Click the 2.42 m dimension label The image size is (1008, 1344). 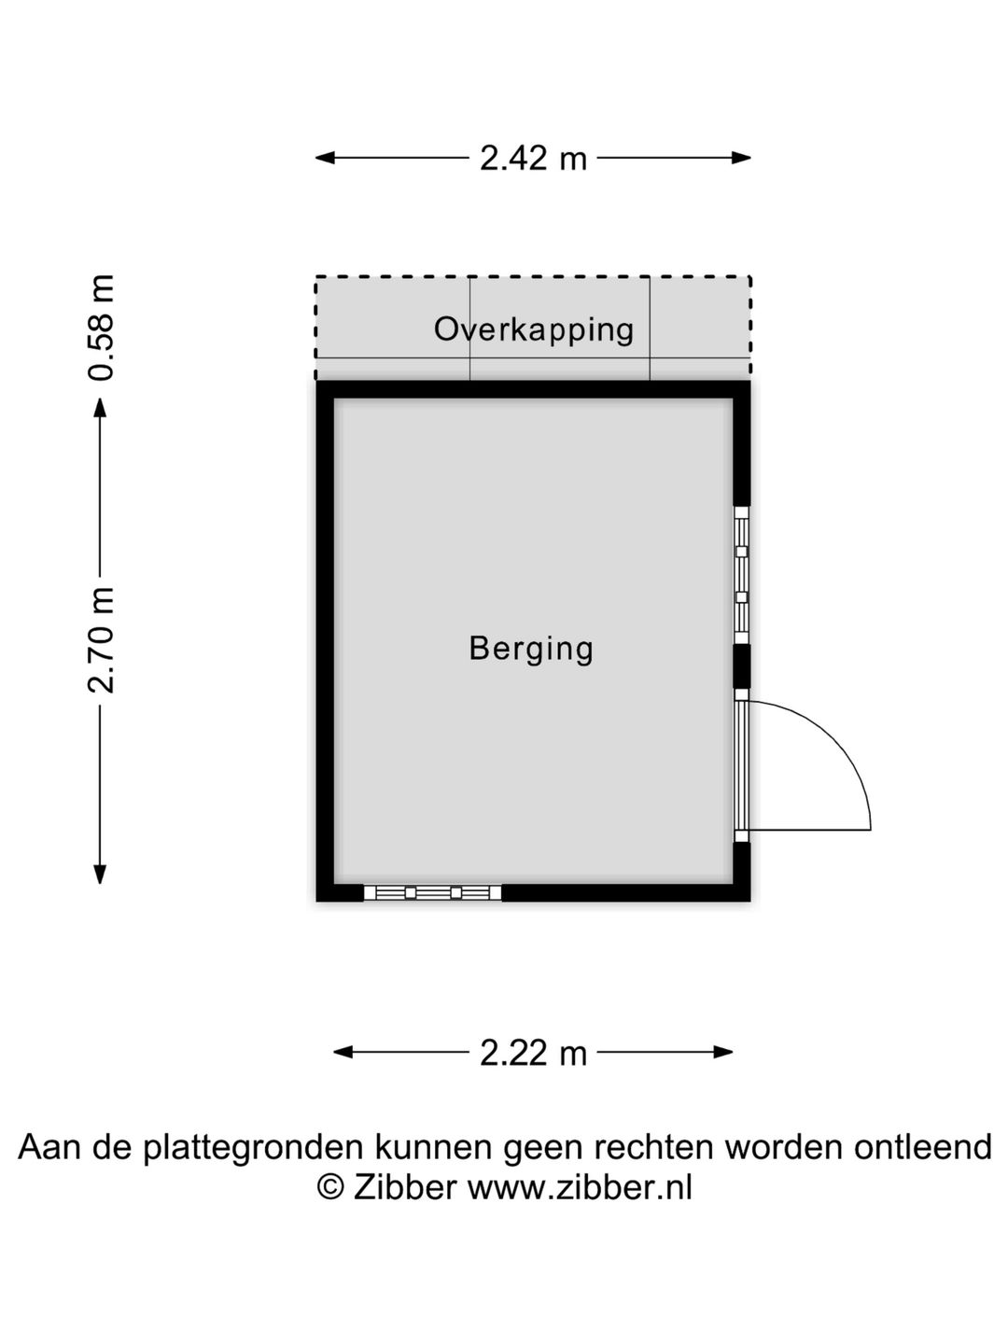tap(533, 159)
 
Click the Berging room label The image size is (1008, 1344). tap(531, 649)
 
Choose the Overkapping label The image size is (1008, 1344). tap(534, 330)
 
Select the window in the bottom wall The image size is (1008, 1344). tap(433, 893)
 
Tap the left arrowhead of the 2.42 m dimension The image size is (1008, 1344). tap(325, 158)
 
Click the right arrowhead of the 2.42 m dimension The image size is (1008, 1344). tap(742, 158)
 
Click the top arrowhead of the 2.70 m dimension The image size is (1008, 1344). tap(100, 407)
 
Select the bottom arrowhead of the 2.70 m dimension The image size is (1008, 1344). tap(100, 875)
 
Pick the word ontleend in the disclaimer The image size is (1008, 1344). tap(923, 1146)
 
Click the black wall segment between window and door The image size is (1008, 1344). tap(742, 666)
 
